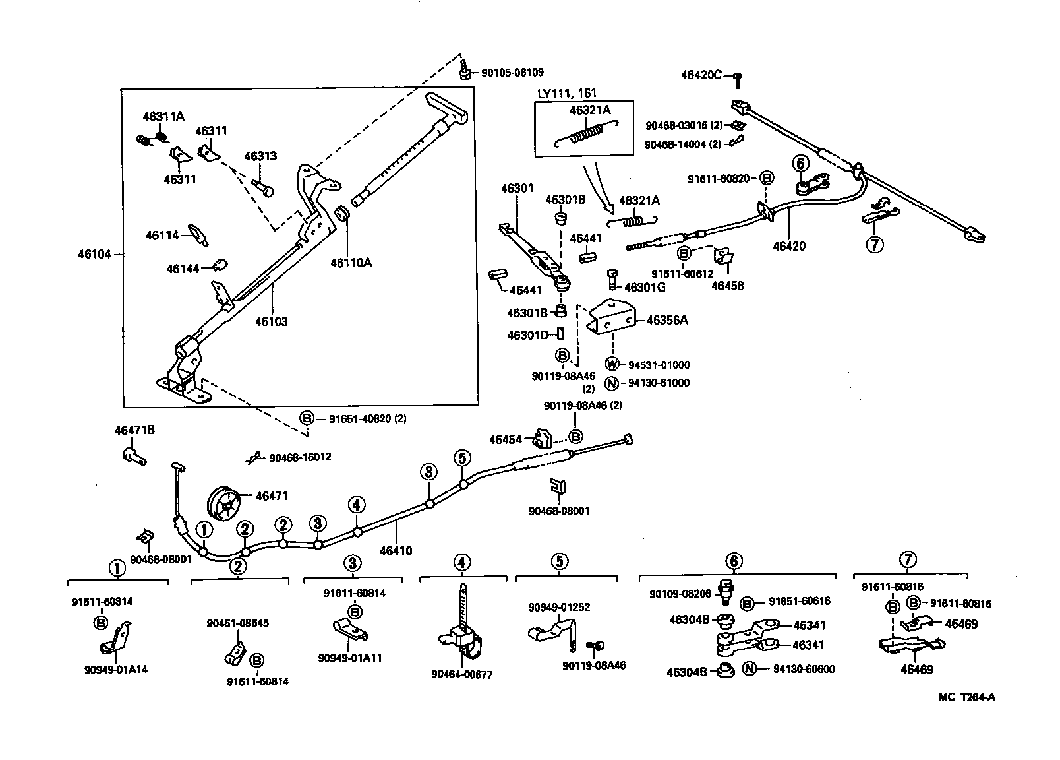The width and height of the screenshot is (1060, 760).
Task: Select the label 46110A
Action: (x=351, y=263)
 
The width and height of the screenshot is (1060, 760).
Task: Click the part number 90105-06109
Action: (x=512, y=73)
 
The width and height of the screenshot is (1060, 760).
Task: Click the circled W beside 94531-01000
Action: (x=612, y=364)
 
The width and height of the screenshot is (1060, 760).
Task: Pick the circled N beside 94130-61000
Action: (x=612, y=383)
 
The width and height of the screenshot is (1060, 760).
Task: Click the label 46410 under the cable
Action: (x=396, y=550)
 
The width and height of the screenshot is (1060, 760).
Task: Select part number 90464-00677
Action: (x=461, y=674)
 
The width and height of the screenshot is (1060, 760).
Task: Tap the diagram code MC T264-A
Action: (x=967, y=697)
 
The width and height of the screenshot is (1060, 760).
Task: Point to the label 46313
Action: (x=260, y=156)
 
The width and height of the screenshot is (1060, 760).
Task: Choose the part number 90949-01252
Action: (x=558, y=607)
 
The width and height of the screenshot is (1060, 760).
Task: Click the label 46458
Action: (x=727, y=286)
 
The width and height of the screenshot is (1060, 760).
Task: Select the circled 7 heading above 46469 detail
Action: (x=908, y=561)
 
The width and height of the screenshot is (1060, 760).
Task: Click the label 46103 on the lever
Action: (x=272, y=322)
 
